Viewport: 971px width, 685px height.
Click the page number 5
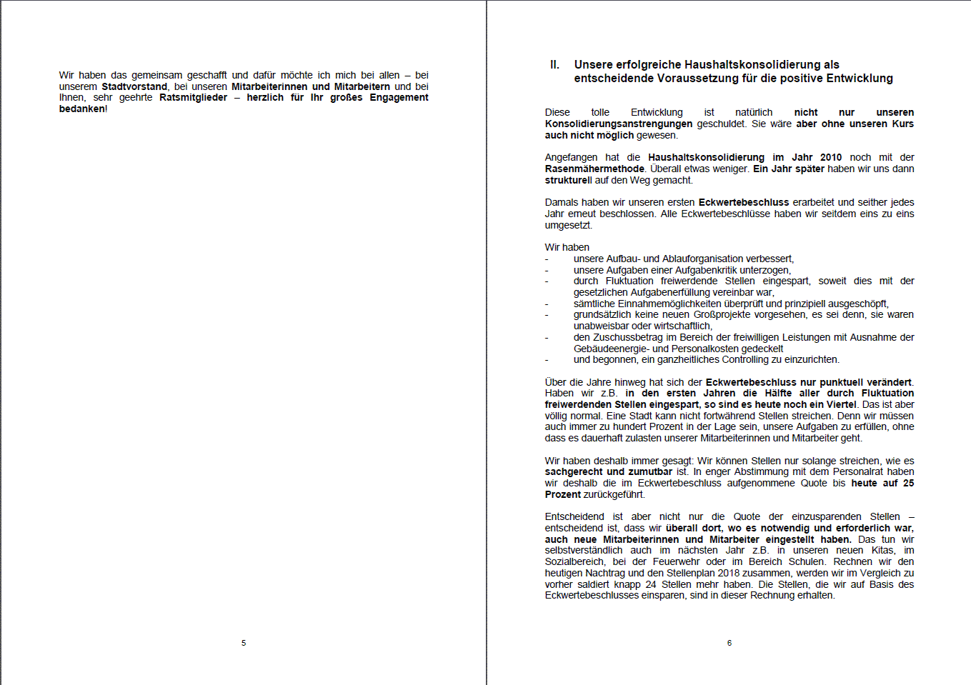(x=244, y=643)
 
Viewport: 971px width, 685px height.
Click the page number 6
(x=730, y=643)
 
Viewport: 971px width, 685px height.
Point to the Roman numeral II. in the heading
(x=554, y=64)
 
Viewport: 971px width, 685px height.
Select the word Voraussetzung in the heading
(x=672, y=78)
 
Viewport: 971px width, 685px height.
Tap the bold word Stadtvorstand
(x=134, y=86)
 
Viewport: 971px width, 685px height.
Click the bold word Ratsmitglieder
(x=193, y=97)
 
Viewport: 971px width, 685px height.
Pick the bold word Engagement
(x=399, y=97)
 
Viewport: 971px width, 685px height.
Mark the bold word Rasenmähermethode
(x=594, y=169)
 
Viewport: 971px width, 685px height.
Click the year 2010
(x=831, y=157)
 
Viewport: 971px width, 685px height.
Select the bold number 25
(x=908, y=483)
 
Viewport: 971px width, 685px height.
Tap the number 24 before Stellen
(x=651, y=584)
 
